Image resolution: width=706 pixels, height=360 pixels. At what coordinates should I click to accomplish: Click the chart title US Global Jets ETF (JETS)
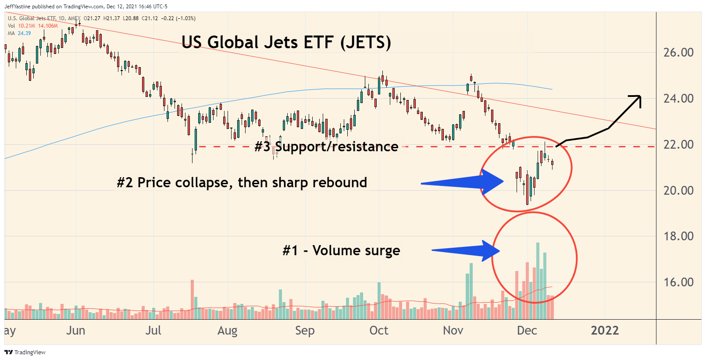(x=286, y=43)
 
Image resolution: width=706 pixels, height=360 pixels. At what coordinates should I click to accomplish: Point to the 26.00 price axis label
(x=678, y=53)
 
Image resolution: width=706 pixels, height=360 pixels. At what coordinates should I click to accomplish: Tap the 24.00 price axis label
(x=678, y=99)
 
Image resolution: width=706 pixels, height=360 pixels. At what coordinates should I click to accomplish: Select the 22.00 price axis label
(x=678, y=145)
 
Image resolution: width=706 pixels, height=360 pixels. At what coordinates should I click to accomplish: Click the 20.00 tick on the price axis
(x=678, y=191)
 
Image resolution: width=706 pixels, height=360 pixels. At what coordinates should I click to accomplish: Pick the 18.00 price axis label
(x=678, y=236)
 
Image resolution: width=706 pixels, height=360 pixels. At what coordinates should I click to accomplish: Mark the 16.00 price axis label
(x=678, y=282)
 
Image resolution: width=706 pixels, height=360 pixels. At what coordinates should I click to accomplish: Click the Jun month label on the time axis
(x=75, y=331)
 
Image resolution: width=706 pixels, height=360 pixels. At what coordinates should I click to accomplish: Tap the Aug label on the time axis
(x=227, y=331)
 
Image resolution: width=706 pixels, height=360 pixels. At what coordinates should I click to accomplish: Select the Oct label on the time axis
(x=379, y=331)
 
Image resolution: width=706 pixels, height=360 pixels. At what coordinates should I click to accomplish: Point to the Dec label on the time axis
(x=527, y=331)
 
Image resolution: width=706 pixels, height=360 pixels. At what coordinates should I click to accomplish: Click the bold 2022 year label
(x=605, y=331)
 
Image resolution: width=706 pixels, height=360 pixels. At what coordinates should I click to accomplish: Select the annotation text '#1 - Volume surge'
(x=341, y=250)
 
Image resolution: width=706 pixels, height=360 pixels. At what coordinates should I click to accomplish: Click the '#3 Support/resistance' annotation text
(x=326, y=146)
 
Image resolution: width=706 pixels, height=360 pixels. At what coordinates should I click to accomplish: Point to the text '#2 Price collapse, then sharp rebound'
(x=242, y=182)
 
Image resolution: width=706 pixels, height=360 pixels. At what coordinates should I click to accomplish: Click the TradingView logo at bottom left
(x=25, y=352)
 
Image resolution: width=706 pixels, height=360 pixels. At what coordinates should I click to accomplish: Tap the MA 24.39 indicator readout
(x=19, y=33)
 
